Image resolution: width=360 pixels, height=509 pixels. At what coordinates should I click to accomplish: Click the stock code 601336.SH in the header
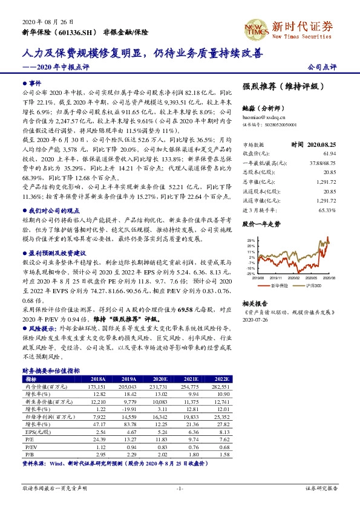click(70, 31)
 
